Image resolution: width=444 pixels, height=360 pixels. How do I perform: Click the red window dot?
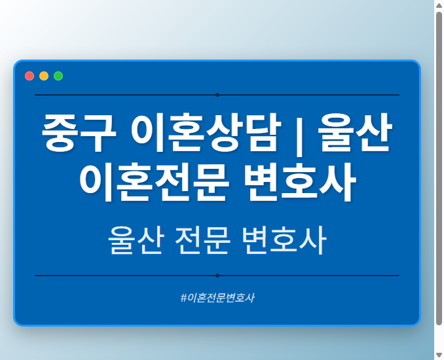click(x=29, y=76)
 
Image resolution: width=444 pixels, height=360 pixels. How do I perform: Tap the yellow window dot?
click(x=44, y=76)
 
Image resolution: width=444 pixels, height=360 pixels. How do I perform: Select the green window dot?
click(x=58, y=76)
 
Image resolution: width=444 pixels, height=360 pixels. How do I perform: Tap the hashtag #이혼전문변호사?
click(x=217, y=298)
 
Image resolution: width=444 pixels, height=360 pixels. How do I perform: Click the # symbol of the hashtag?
click(x=183, y=298)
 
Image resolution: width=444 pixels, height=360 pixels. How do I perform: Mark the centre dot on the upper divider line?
click(x=217, y=95)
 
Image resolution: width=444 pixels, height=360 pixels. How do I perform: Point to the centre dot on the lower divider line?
click(x=217, y=276)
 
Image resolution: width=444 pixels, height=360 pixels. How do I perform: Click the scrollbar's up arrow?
click(x=439, y=5)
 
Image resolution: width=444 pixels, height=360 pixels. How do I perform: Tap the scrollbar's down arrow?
click(x=439, y=355)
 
